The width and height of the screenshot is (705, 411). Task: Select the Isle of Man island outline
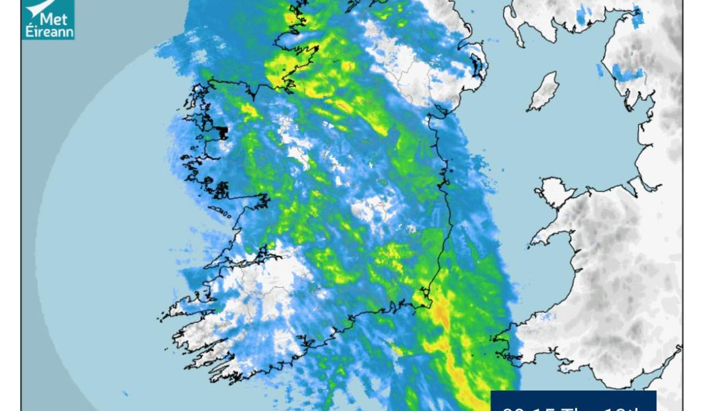point(543,92)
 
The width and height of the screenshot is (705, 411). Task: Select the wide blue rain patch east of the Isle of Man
point(626,73)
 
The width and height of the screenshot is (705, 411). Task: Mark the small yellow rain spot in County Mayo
point(249,110)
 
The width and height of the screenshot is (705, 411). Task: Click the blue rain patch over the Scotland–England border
point(637,17)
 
